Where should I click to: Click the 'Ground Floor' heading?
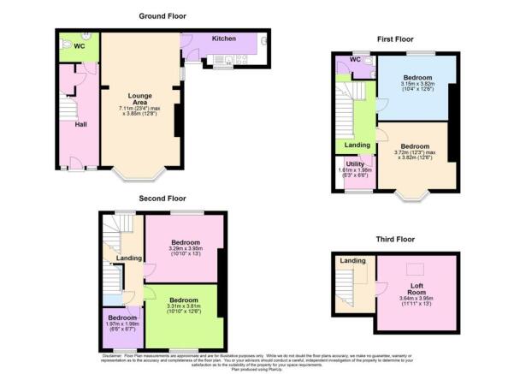coord(162,16)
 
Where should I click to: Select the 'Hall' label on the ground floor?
coord(81,124)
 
